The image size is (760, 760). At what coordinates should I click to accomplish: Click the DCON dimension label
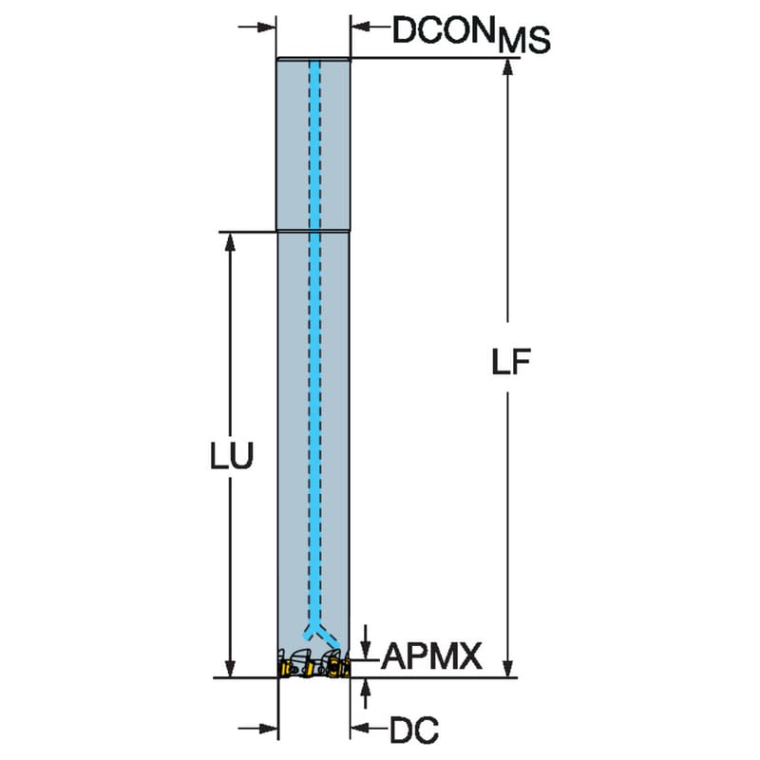[442, 30]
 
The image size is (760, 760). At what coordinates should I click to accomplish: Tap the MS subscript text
[524, 40]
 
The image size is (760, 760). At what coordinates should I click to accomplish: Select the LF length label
[511, 363]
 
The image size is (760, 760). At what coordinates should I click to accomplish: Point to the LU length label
[232, 456]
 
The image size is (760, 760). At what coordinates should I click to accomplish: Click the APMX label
[431, 655]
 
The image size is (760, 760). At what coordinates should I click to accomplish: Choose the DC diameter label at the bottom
[414, 730]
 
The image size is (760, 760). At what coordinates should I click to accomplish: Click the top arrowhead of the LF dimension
[507, 66]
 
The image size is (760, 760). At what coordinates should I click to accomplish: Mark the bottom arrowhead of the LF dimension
[507, 668]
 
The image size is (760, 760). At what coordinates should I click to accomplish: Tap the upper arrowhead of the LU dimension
[230, 241]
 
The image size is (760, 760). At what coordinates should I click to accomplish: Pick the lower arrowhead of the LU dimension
[230, 668]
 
